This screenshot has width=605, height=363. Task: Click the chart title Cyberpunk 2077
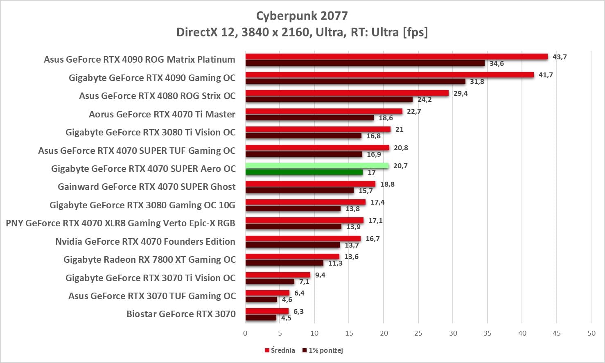click(x=302, y=16)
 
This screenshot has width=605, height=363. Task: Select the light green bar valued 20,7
click(x=317, y=166)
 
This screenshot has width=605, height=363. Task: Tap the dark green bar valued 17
click(x=304, y=172)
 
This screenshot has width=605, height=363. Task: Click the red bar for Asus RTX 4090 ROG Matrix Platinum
click(x=396, y=56)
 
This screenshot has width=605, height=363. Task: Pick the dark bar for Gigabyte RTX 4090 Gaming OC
click(x=355, y=81)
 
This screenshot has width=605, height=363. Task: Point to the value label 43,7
click(x=560, y=57)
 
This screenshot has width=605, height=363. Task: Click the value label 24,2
click(x=424, y=100)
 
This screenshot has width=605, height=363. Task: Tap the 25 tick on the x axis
click(x=418, y=333)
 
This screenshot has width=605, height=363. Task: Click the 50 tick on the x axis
click(x=591, y=333)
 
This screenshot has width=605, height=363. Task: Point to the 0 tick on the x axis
click(x=245, y=333)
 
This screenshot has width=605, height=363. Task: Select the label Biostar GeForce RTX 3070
click(x=181, y=314)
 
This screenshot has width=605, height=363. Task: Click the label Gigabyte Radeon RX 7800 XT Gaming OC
click(x=149, y=259)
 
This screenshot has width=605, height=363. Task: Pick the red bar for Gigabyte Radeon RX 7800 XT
click(x=292, y=257)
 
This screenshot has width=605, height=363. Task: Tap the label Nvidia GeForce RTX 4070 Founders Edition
click(x=145, y=241)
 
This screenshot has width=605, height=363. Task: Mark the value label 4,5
click(x=286, y=318)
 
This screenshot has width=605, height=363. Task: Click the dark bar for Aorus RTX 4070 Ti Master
click(x=309, y=118)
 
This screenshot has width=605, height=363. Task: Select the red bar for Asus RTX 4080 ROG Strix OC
click(x=347, y=93)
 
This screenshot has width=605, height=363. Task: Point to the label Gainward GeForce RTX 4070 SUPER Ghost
click(x=147, y=187)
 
